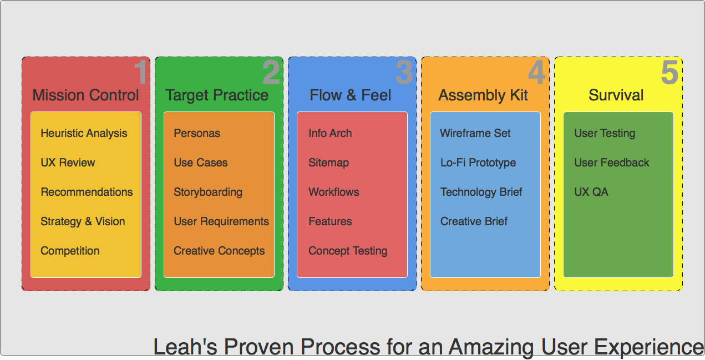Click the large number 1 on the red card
tap(140, 72)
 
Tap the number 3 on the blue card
tap(404, 72)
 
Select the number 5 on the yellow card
tap(670, 72)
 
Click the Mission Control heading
tap(85, 95)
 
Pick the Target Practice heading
tap(217, 95)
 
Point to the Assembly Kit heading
tap(483, 95)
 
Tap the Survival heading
tap(616, 95)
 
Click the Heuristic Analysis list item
tap(84, 134)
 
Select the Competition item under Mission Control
tap(70, 251)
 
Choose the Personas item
tap(197, 133)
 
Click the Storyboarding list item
tap(208, 192)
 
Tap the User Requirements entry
tap(221, 221)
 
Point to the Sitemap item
tap(328, 163)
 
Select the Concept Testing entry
tap(348, 251)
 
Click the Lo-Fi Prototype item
tap(478, 163)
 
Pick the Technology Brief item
tap(481, 192)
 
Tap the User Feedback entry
tap(611, 163)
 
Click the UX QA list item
tap(591, 192)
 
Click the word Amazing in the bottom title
tap(491, 347)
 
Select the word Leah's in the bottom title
tap(185, 346)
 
